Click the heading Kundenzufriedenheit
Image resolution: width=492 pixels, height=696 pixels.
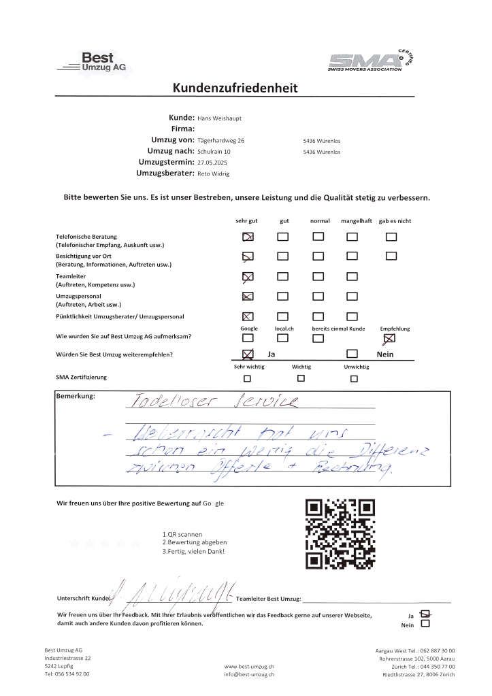pos(235,88)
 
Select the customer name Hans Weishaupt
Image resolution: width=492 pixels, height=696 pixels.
pos(219,118)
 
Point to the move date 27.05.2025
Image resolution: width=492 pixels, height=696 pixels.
pos(212,162)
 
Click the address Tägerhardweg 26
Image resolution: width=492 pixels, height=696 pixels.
pos(220,140)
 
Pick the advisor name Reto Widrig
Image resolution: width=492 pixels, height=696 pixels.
pos(213,173)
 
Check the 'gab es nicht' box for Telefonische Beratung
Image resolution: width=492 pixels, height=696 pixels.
pos(391,237)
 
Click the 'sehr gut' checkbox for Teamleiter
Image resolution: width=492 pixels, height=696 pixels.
pos(248,276)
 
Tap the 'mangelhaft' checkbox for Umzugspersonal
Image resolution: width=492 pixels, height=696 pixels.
pos(352,297)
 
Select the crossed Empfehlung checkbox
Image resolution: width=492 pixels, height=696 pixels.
pos(389,337)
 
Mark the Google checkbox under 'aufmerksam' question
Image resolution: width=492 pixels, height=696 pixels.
pos(248,337)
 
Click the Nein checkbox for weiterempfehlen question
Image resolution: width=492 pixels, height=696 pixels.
pos(352,354)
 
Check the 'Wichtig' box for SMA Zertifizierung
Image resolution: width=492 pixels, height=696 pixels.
pos(301,378)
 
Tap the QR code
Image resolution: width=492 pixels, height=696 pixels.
pos(340,534)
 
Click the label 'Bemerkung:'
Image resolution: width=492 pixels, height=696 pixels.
pos(76,396)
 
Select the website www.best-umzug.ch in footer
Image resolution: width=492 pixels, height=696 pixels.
pos(248,667)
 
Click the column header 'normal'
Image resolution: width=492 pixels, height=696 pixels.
pos(320,221)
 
